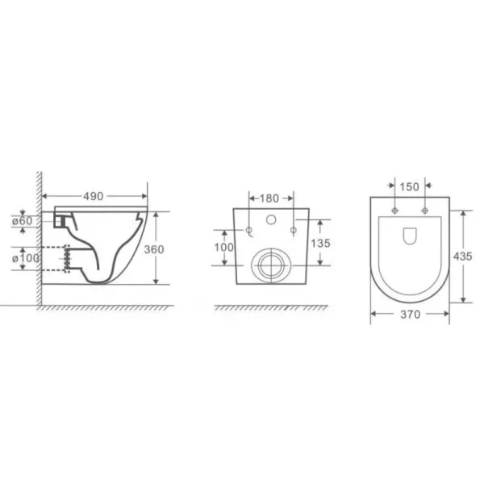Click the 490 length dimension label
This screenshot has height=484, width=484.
coord(94,196)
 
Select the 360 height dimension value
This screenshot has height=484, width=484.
coord(154,249)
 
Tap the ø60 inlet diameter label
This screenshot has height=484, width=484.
coord(22,221)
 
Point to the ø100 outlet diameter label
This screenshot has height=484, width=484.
coord(26,258)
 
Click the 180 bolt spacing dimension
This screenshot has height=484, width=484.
coord(269,198)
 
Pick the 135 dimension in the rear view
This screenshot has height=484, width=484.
coord(320,244)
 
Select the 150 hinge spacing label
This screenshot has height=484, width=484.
coord(409,187)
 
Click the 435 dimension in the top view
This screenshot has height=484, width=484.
coord(462,257)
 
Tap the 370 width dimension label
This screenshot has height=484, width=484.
coord(411,315)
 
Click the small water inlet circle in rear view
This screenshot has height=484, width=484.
coord(271,219)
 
